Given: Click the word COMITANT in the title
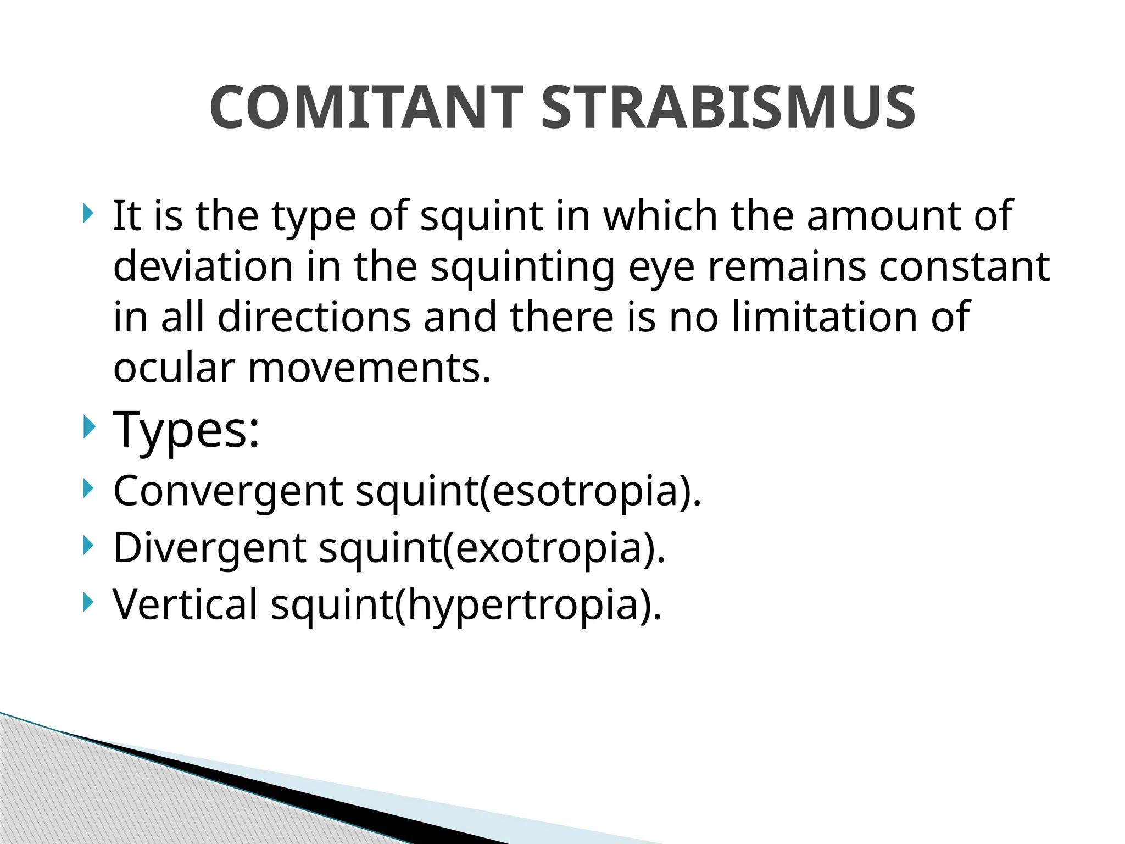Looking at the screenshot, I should pos(366,108).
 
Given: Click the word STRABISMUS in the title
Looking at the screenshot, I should pos(728,108).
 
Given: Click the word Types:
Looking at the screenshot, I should pos(186,430).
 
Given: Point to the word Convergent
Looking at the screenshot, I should pos(228,491).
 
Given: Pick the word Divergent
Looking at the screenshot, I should pos(210,548).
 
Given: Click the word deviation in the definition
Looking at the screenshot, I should pos(203,266).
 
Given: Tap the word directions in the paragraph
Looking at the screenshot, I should pos(314,317).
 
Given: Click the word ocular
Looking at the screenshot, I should pos(174,368).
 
